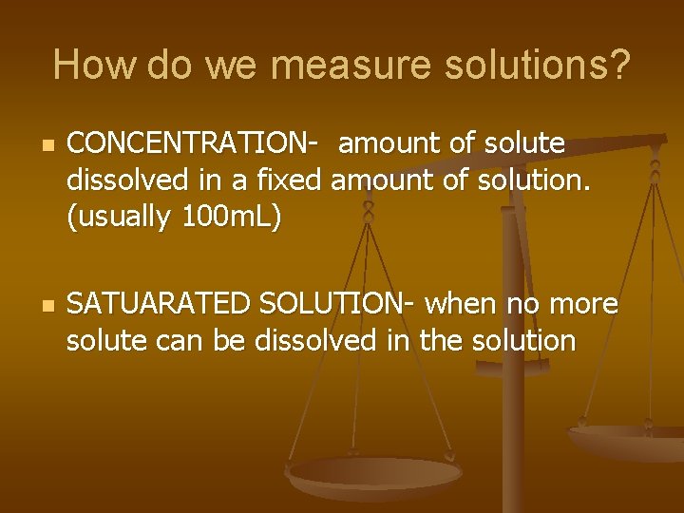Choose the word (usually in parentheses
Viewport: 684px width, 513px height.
point(119,218)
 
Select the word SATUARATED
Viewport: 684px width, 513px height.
point(160,304)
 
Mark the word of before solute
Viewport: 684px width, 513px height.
point(464,143)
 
